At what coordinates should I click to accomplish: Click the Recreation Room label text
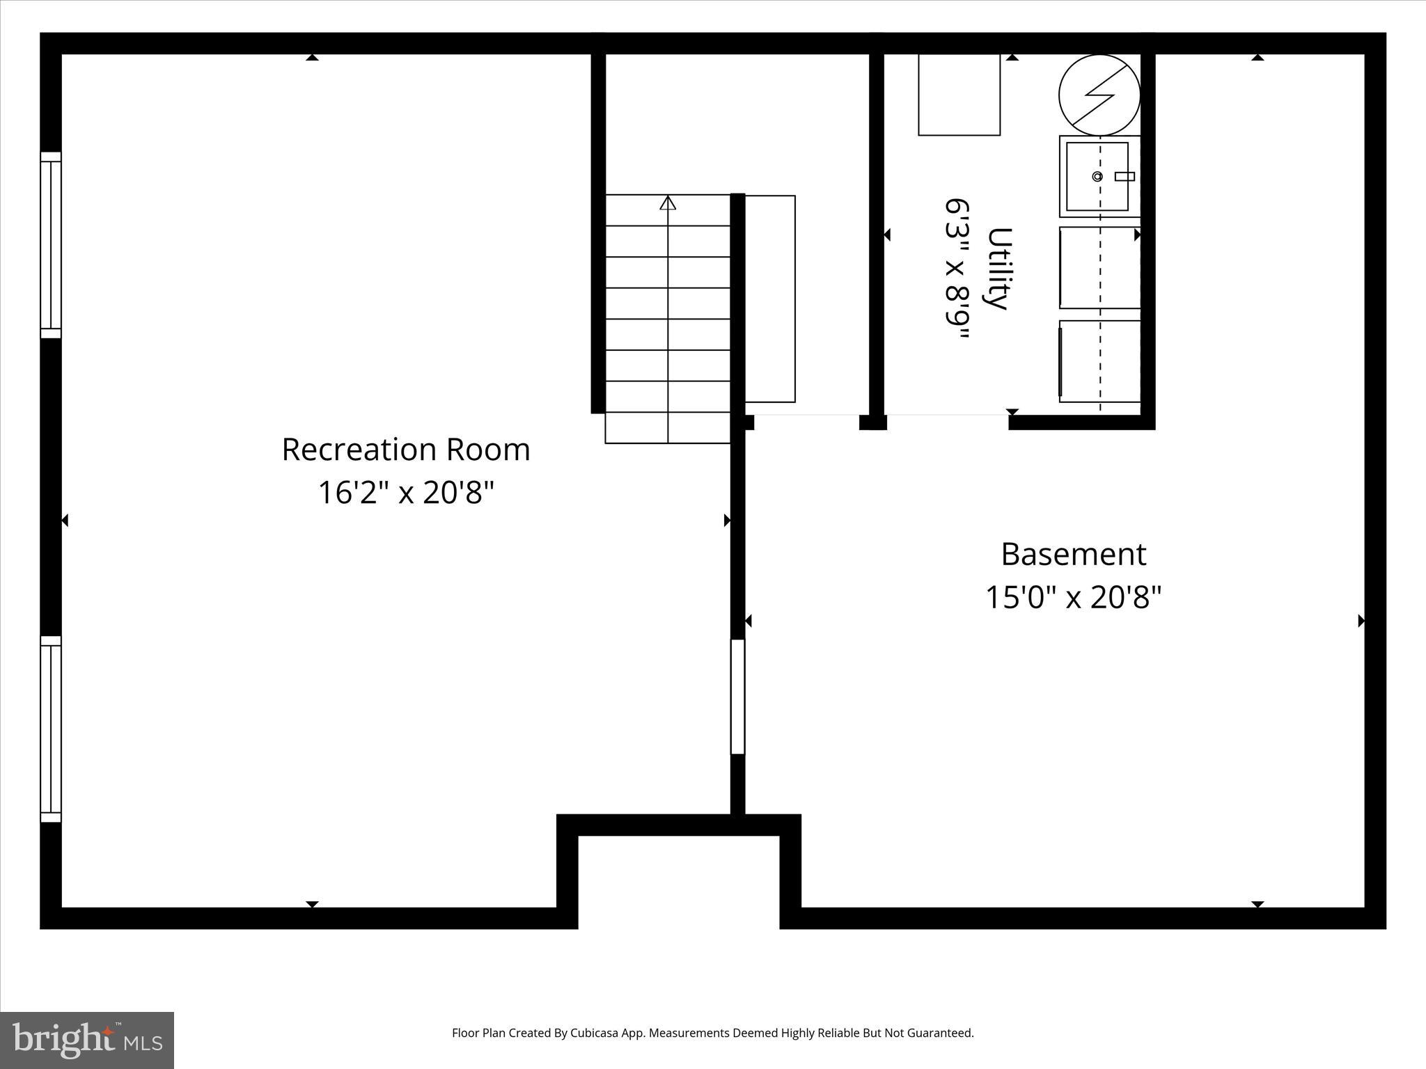tap(405, 450)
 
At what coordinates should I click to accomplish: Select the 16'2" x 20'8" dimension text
tap(405, 493)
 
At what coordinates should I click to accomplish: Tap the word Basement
tap(1073, 555)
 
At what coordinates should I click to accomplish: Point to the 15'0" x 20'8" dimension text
tap(1073, 597)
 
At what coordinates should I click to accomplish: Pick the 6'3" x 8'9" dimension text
tap(957, 269)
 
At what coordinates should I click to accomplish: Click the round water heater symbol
tap(1099, 95)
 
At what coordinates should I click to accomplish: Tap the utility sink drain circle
tap(1097, 177)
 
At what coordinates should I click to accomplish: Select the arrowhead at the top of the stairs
tap(668, 203)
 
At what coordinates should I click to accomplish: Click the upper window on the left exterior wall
tap(51, 245)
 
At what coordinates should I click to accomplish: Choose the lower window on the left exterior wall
tap(51, 729)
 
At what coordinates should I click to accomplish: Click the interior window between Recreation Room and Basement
tap(737, 696)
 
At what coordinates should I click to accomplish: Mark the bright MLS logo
tap(87, 1040)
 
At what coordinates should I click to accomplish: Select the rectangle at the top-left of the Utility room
tap(959, 95)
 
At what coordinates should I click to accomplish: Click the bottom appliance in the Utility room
tap(1099, 361)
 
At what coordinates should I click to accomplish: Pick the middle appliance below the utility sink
tap(1099, 267)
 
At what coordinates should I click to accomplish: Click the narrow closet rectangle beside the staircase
tap(770, 299)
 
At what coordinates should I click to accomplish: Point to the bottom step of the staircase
tap(667, 428)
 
